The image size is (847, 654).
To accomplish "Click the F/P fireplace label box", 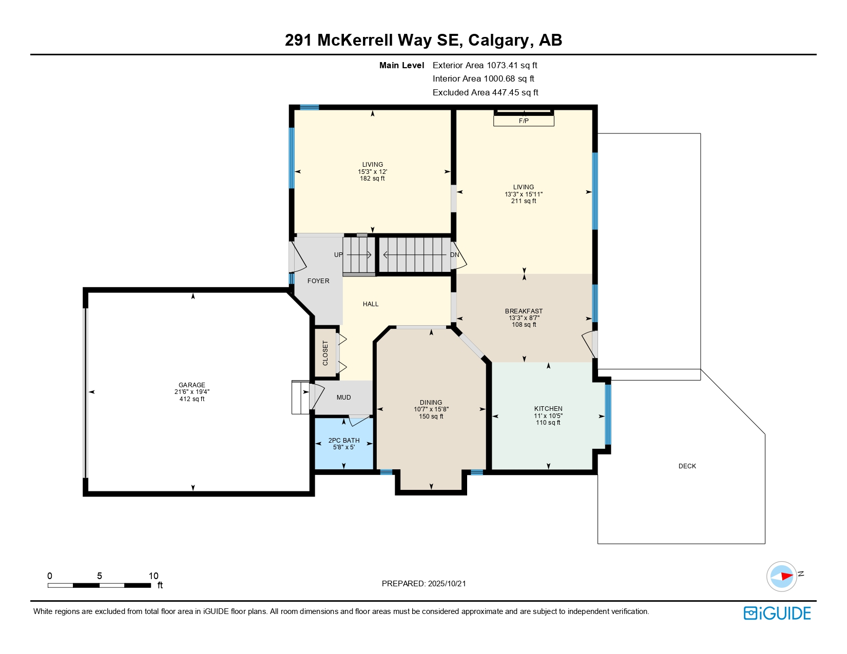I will [x=523, y=121].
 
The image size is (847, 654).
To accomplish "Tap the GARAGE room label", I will [x=191, y=385].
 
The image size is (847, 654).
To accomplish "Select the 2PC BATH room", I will [x=343, y=444].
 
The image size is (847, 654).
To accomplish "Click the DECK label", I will [x=687, y=466].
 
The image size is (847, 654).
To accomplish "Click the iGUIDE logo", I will [x=777, y=613].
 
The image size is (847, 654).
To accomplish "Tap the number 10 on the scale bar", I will [x=153, y=576].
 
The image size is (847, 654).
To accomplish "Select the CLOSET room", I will [x=325, y=353].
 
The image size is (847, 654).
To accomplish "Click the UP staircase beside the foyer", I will [x=358, y=255].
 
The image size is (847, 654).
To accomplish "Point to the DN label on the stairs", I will [x=454, y=255].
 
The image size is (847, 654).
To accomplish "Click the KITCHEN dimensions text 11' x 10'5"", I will [x=548, y=416].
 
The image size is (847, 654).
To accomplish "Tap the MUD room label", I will [x=343, y=398].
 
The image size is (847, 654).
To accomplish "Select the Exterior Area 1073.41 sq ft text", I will [x=485, y=65].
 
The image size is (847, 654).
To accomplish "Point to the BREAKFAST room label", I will [x=524, y=311].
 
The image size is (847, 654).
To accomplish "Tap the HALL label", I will [x=370, y=304].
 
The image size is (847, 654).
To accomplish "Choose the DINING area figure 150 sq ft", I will [x=431, y=417].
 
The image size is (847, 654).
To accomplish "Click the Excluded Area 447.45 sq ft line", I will [x=485, y=92].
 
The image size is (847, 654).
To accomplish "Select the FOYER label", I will [x=318, y=281].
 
